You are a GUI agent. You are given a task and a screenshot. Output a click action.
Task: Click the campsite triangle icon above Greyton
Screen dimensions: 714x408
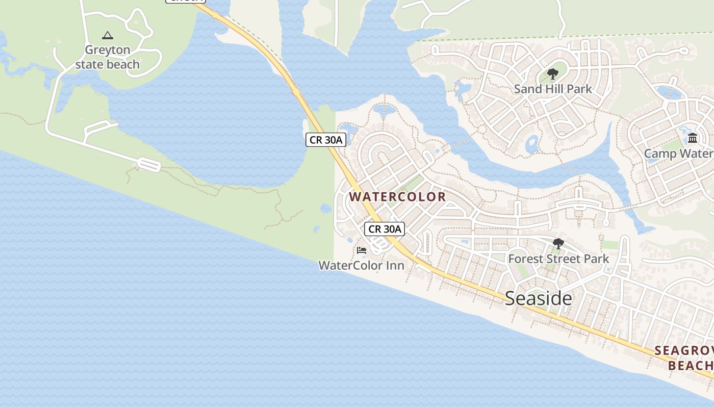coord(107,36)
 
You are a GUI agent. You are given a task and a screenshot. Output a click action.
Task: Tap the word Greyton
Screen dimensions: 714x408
coord(107,50)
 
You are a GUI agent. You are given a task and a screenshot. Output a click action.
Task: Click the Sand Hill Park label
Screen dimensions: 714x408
coord(553,89)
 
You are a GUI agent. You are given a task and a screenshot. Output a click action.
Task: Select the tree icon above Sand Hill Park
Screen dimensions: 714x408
coord(552,75)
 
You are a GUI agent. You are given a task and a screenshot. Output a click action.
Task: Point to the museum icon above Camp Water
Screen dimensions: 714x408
coord(693,138)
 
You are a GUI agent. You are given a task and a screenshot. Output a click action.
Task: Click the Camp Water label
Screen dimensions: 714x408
coord(678,154)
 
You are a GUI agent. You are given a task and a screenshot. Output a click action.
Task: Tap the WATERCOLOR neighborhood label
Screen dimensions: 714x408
coord(397,196)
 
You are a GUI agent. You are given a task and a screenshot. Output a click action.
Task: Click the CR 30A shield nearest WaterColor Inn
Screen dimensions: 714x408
coord(385,229)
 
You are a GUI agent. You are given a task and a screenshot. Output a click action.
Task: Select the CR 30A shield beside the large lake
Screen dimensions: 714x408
coord(326,140)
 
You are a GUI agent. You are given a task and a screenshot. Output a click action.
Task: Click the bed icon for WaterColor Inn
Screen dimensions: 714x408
coord(362,250)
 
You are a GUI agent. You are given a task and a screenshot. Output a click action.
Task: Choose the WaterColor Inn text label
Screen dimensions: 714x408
coord(361,265)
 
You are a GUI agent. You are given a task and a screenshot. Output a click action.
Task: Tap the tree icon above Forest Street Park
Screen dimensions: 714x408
coord(558,244)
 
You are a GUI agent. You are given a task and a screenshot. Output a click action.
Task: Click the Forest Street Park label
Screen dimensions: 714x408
coord(558,259)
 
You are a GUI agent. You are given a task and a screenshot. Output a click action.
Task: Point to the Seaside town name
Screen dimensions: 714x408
coord(538,298)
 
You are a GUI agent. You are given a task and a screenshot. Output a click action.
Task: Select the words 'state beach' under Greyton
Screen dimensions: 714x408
coord(107,64)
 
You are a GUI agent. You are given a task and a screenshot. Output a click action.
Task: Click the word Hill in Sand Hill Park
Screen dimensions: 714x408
coord(553,89)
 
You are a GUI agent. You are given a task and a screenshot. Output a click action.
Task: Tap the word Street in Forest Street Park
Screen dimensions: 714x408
coord(559,259)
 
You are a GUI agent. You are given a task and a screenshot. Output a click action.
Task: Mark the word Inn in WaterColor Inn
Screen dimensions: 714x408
coord(396,265)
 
